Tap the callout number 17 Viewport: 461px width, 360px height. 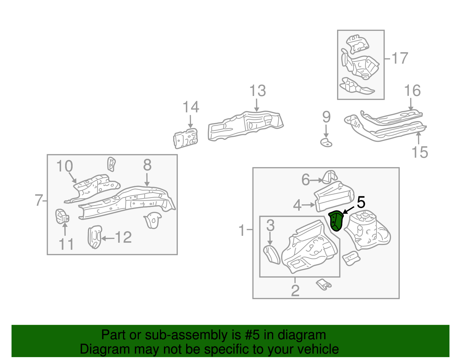click(x=400, y=58)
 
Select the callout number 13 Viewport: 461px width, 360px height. click(x=257, y=91)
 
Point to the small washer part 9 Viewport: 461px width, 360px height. click(x=326, y=142)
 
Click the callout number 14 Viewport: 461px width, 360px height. click(x=191, y=107)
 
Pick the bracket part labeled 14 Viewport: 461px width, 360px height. click(x=186, y=139)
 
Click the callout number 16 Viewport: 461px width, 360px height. click(x=412, y=91)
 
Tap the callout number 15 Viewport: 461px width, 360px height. click(x=420, y=152)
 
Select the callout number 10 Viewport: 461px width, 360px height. click(x=65, y=166)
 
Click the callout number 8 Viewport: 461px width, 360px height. click(x=147, y=165)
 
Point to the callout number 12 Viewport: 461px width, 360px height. click(x=123, y=238)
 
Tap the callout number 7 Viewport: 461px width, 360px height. click(x=39, y=200)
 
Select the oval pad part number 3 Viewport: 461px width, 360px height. click(x=272, y=254)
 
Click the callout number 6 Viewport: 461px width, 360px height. click(x=305, y=180)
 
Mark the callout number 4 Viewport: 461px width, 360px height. click(x=297, y=206)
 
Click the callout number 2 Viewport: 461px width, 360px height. click(x=295, y=291)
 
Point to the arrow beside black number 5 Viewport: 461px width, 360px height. click(x=349, y=210)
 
